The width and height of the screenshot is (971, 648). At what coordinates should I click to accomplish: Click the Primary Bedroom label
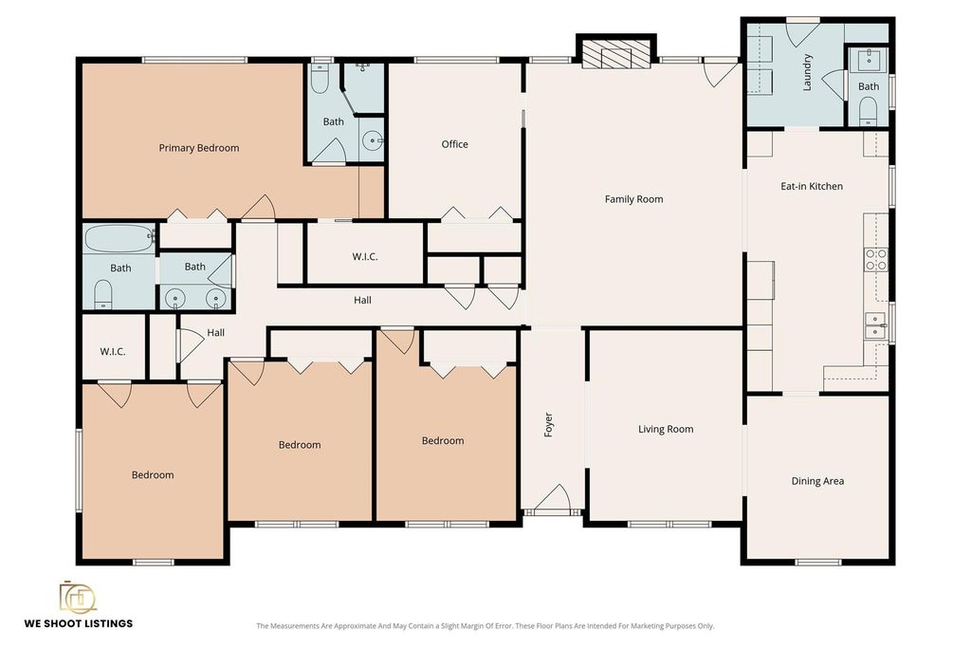[199, 148]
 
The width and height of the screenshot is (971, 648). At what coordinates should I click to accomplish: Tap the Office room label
[454, 144]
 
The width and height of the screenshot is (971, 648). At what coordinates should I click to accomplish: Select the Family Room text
[633, 199]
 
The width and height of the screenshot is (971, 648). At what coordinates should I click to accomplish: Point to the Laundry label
[807, 73]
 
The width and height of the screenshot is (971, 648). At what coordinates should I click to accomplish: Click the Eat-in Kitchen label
[812, 186]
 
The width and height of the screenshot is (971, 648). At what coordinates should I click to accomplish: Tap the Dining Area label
[817, 481]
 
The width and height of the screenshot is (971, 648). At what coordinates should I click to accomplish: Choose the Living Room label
[666, 429]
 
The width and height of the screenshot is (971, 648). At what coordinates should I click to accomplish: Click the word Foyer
[548, 425]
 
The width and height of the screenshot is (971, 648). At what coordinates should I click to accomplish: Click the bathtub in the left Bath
[119, 238]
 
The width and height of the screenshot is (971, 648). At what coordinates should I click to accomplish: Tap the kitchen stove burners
[875, 259]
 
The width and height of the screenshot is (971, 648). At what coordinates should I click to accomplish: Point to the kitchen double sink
[875, 325]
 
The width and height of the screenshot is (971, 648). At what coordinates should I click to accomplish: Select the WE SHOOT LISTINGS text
[79, 623]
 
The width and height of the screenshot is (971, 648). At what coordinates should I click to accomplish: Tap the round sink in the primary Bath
[373, 141]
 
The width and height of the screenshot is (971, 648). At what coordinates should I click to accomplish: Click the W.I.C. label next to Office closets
[365, 256]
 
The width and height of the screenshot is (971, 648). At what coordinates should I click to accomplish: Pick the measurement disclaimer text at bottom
[485, 625]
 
